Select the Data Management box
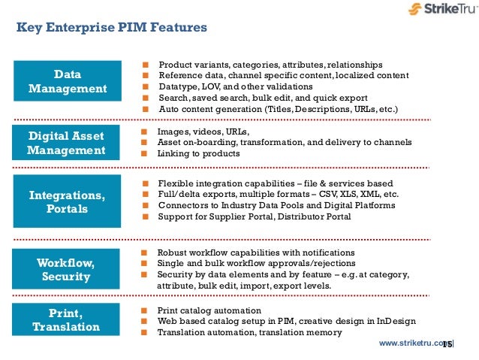68,82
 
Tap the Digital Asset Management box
68,143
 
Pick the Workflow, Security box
68,269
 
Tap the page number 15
447,344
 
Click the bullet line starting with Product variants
270,65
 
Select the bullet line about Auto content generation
277,109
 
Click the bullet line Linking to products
198,153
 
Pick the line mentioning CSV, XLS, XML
278,195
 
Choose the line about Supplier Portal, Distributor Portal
254,217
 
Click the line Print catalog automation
209,310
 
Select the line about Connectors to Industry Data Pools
276,206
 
